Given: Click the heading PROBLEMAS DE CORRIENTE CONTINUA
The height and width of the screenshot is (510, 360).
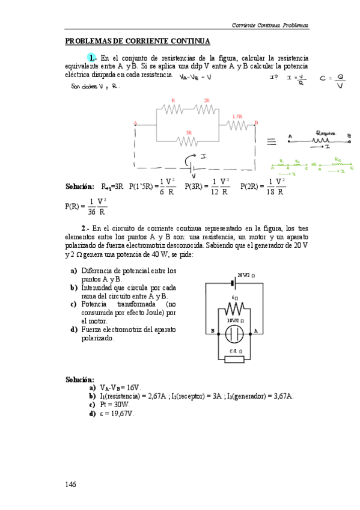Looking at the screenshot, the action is [137, 41].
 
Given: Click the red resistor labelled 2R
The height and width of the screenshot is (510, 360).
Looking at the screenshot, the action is [206, 109].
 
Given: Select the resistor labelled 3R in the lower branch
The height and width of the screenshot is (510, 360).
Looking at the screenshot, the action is [188, 140].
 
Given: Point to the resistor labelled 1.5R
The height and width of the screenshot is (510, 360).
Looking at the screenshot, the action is [237, 124].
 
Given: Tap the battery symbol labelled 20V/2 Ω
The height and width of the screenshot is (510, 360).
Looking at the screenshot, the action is [233, 280].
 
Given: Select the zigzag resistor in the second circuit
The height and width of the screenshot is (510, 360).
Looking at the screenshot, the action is [233, 309].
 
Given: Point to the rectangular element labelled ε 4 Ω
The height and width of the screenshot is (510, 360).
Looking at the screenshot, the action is [234, 359].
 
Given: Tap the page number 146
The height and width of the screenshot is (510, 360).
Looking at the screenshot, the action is [71, 484].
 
